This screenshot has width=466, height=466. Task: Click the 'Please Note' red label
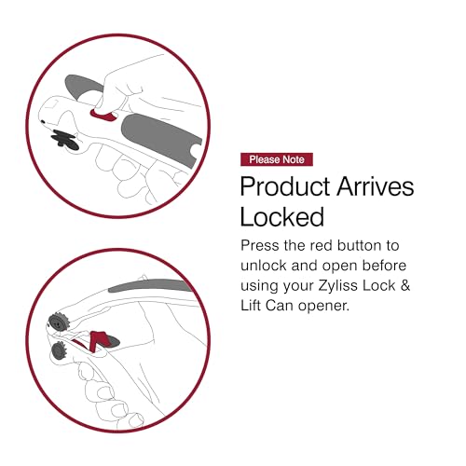tap(277, 159)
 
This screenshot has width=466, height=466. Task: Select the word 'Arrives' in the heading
tap(380, 186)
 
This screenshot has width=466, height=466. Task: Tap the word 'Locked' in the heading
tap(281, 218)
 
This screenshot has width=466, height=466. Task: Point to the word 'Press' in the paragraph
tap(260, 246)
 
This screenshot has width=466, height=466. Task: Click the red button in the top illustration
tap(102, 114)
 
